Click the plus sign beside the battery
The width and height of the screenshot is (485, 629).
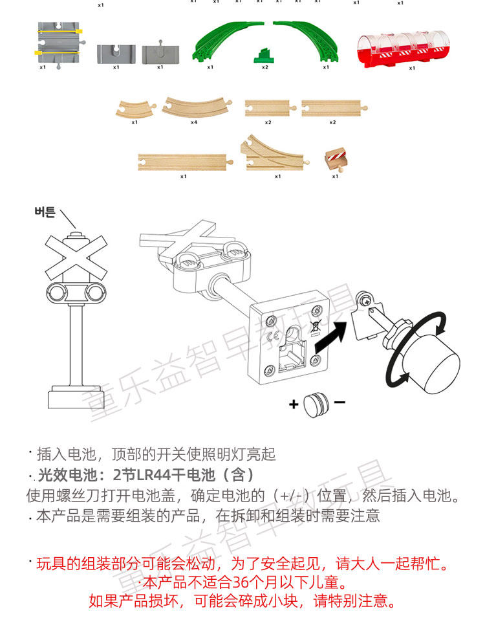[x=294, y=404]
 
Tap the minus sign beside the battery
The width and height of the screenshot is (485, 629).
[x=339, y=403]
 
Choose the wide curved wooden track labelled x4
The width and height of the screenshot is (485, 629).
[x=194, y=106]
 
